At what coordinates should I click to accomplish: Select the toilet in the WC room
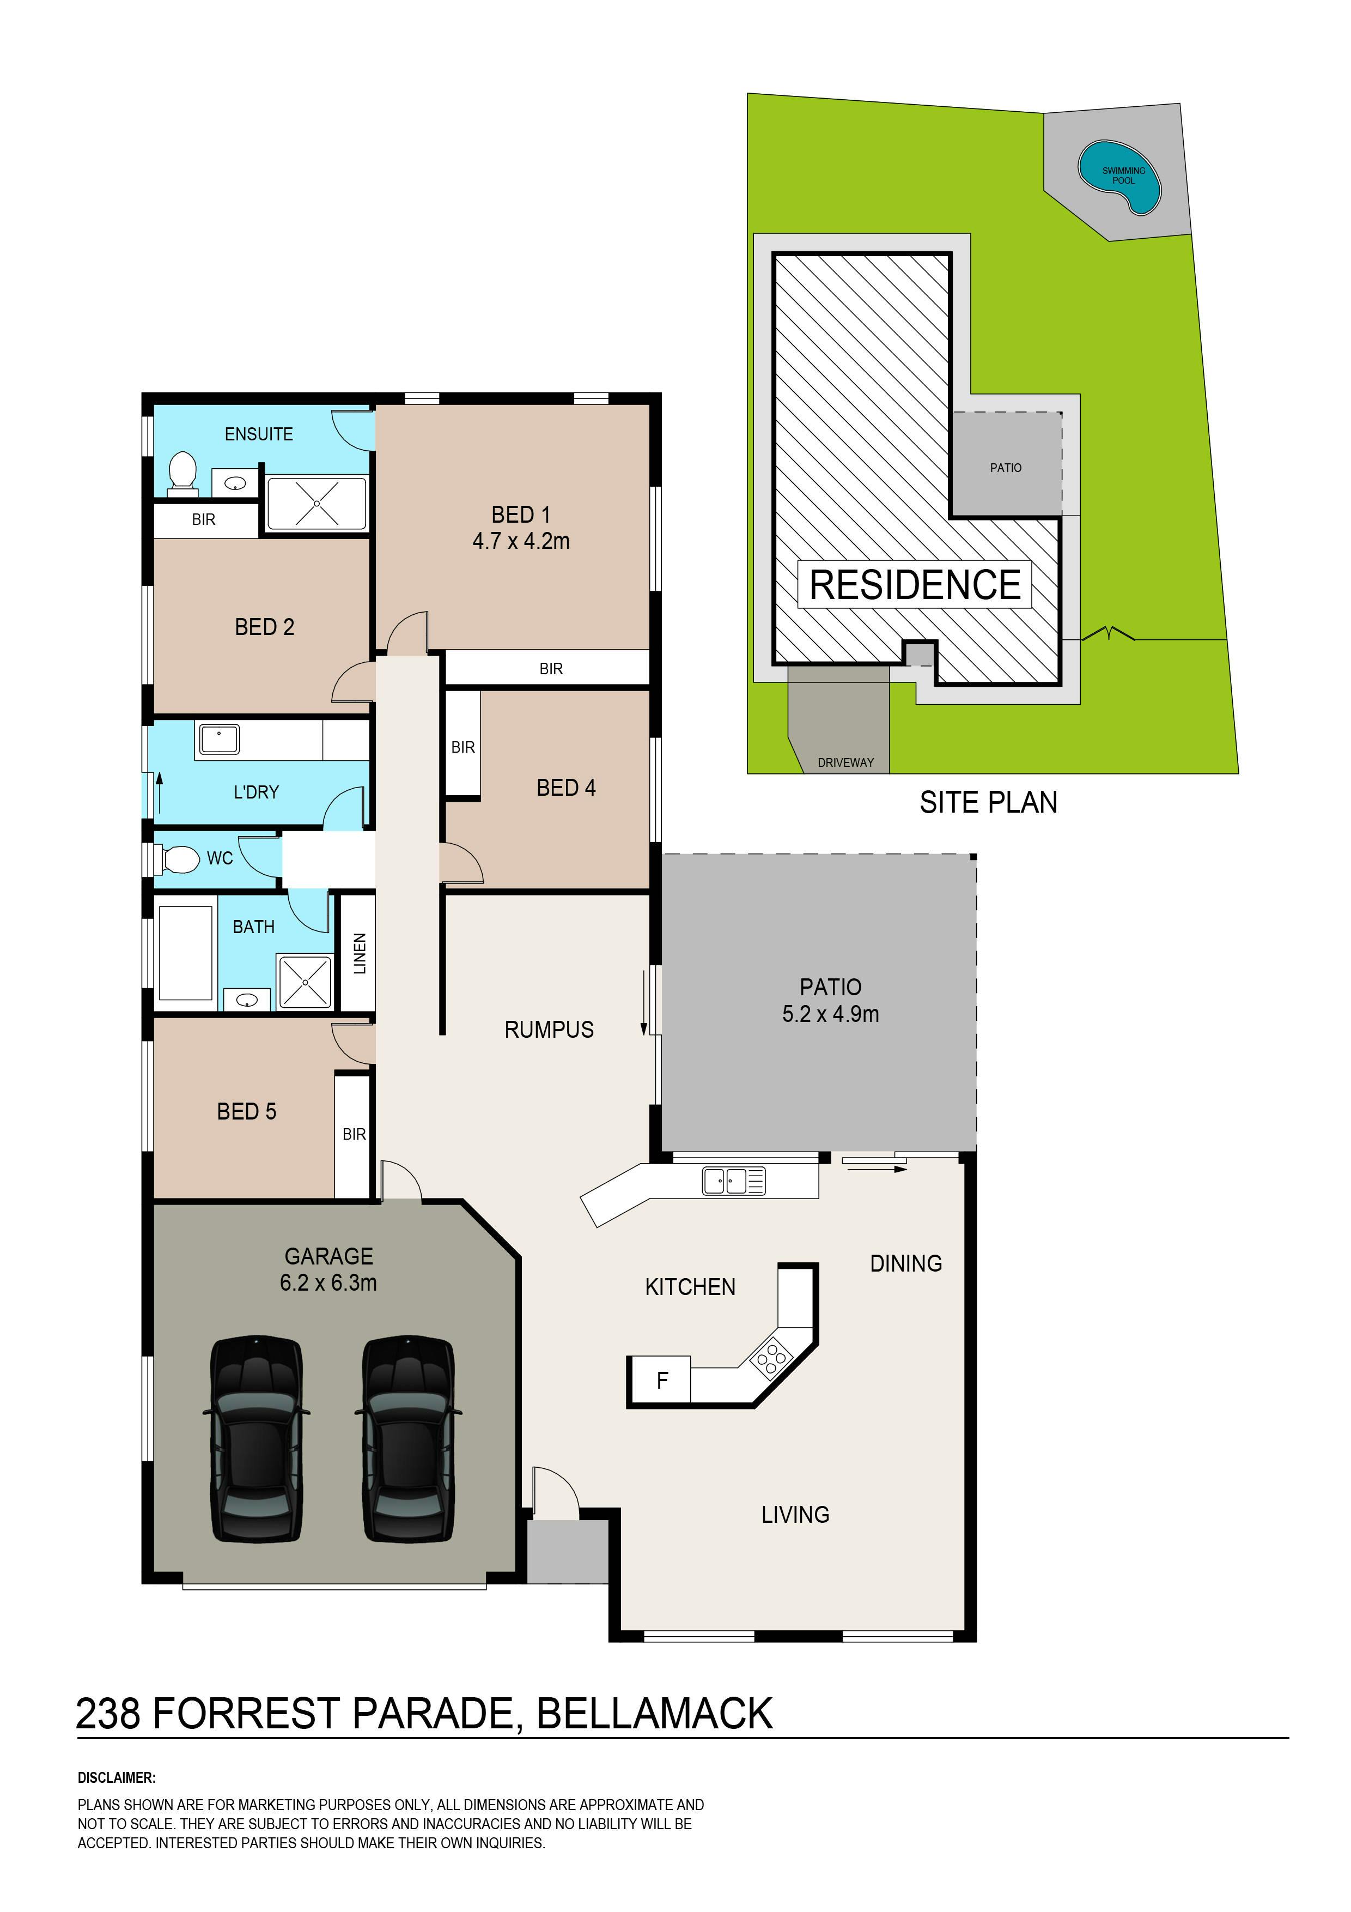(177, 858)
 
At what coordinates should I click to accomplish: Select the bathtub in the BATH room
(186, 953)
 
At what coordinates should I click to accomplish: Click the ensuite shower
(317, 502)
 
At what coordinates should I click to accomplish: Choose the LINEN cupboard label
(360, 953)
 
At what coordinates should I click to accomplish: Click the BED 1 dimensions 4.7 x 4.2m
(521, 541)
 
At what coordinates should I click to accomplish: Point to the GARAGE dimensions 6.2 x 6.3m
(328, 1282)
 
